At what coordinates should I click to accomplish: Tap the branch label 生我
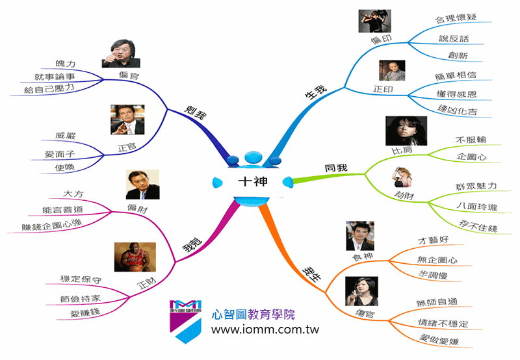pyautogui.click(x=316, y=94)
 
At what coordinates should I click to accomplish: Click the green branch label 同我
pyautogui.click(x=336, y=169)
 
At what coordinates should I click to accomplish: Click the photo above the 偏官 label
pyautogui.click(x=121, y=55)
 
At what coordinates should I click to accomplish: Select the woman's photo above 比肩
pyautogui.click(x=406, y=131)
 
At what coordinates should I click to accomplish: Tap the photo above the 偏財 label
pyautogui.click(x=142, y=185)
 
